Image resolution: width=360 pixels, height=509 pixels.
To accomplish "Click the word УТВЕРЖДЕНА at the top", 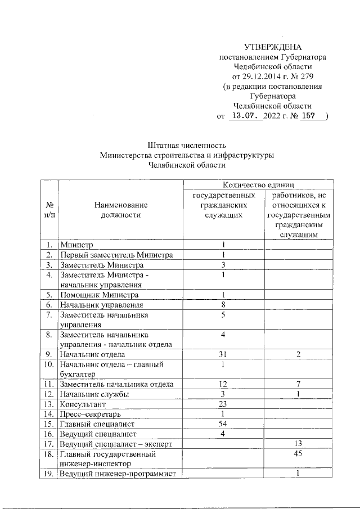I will [x=273, y=47].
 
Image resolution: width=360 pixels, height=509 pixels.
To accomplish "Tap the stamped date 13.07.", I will [x=246, y=116].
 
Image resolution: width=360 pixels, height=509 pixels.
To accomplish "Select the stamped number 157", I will [x=308, y=116].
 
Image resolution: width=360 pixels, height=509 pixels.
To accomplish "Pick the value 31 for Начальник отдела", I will [x=223, y=354].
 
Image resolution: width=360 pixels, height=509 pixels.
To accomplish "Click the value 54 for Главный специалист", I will [x=223, y=423].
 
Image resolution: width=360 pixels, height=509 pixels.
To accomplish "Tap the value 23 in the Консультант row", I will [x=223, y=404].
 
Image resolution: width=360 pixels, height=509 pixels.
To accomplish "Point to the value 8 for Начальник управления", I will [x=223, y=305].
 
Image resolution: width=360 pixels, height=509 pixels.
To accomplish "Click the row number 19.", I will [x=49, y=474].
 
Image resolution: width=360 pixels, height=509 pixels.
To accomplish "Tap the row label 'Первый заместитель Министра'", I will [x=116, y=255].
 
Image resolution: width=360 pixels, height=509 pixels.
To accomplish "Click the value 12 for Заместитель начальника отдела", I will [x=223, y=384].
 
